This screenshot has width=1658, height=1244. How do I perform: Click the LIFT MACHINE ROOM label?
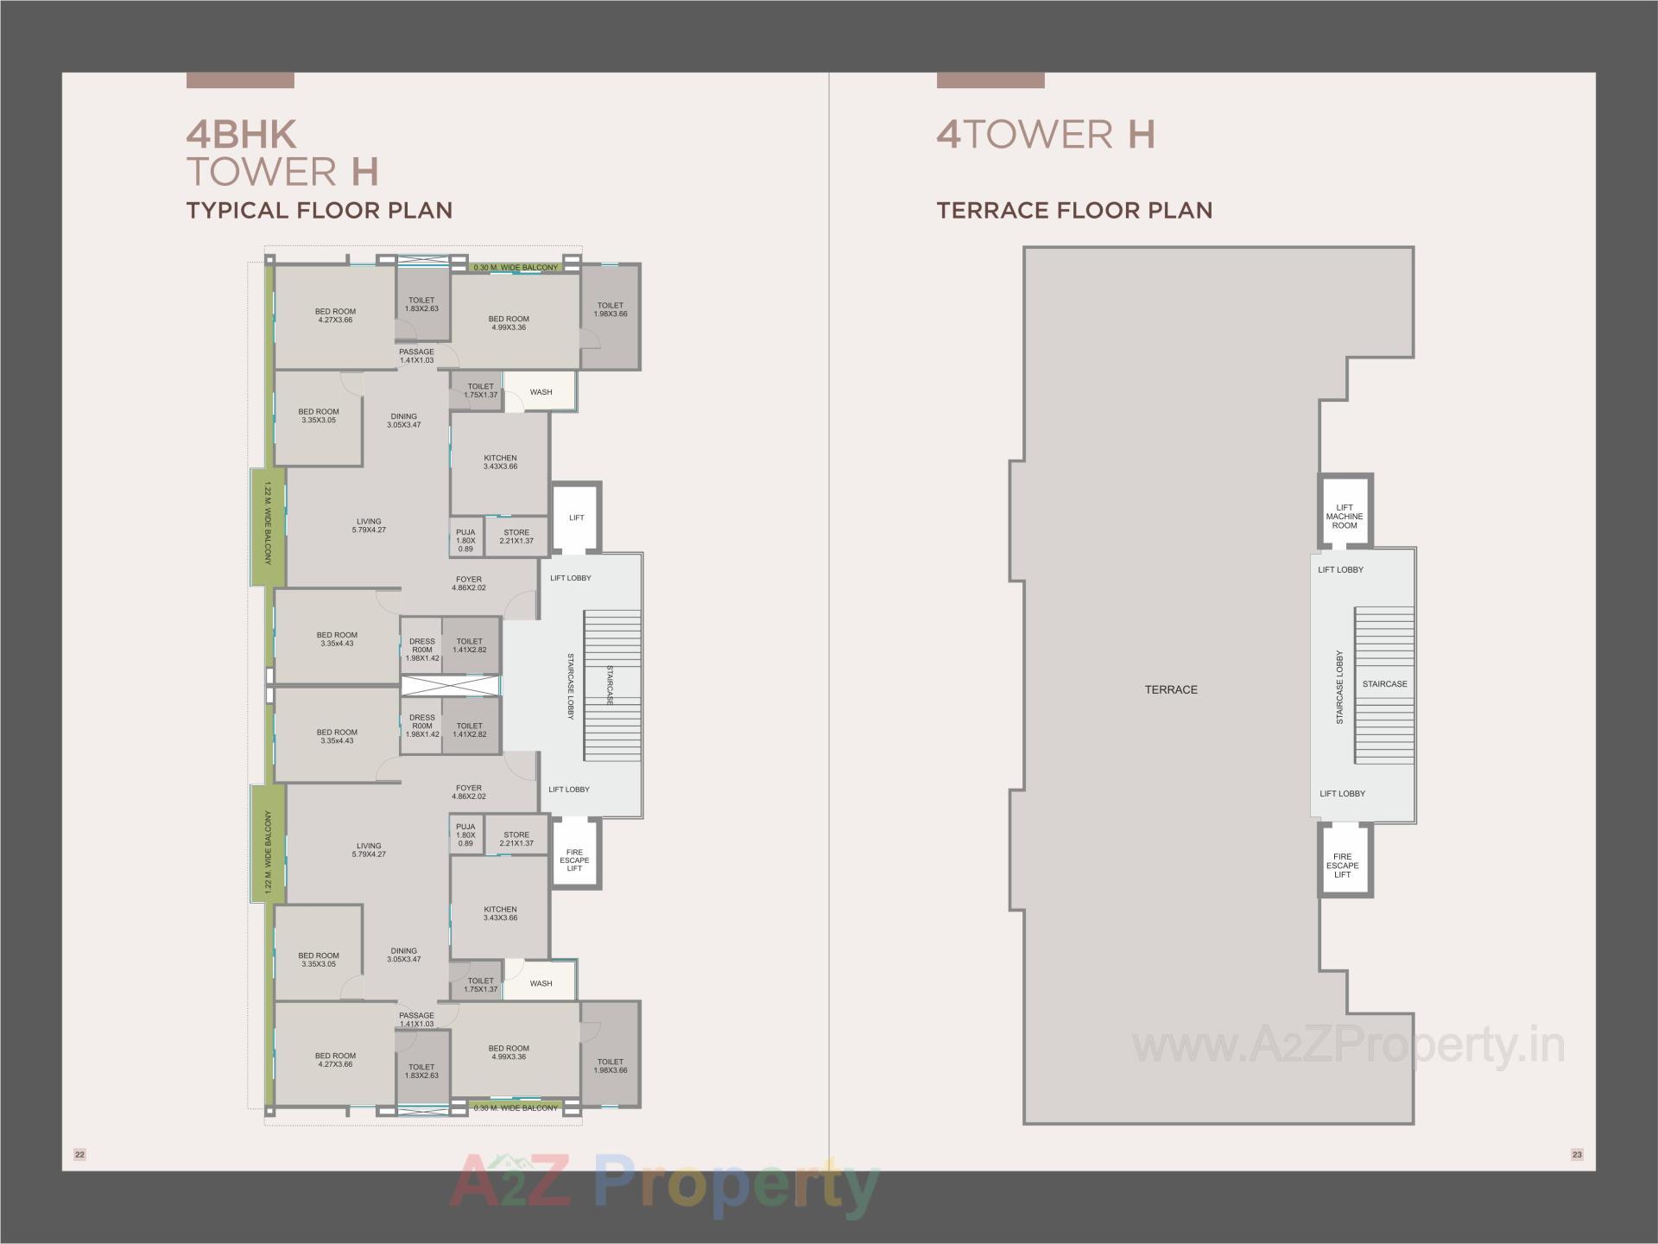click(1345, 517)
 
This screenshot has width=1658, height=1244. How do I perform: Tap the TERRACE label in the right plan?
click(1171, 689)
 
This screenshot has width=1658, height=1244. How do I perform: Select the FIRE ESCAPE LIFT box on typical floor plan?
click(575, 860)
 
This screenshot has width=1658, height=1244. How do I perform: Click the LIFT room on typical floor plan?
click(577, 517)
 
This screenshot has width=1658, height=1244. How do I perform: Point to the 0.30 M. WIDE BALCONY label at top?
click(516, 268)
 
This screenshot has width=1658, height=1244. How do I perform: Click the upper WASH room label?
click(541, 392)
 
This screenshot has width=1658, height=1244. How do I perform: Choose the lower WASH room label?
click(541, 983)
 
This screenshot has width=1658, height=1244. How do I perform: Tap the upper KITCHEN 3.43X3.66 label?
click(500, 462)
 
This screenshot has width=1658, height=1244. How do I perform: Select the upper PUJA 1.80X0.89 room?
click(465, 541)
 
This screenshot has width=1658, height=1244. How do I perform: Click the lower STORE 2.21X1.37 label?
click(516, 839)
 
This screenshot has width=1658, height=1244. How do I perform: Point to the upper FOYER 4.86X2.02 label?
click(469, 584)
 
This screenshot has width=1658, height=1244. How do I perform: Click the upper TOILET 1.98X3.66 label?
click(611, 309)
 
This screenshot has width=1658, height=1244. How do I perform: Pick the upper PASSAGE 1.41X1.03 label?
click(416, 356)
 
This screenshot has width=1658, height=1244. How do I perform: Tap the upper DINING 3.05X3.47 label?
click(403, 421)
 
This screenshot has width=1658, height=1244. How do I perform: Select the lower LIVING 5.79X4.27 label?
click(369, 850)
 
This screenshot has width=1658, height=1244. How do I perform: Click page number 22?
click(80, 1154)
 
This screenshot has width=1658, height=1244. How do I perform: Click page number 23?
click(1577, 1154)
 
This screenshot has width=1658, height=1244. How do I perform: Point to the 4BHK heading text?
click(242, 135)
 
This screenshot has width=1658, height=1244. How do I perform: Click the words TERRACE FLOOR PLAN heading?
click(1074, 211)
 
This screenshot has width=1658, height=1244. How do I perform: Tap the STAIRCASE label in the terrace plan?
click(1384, 684)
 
